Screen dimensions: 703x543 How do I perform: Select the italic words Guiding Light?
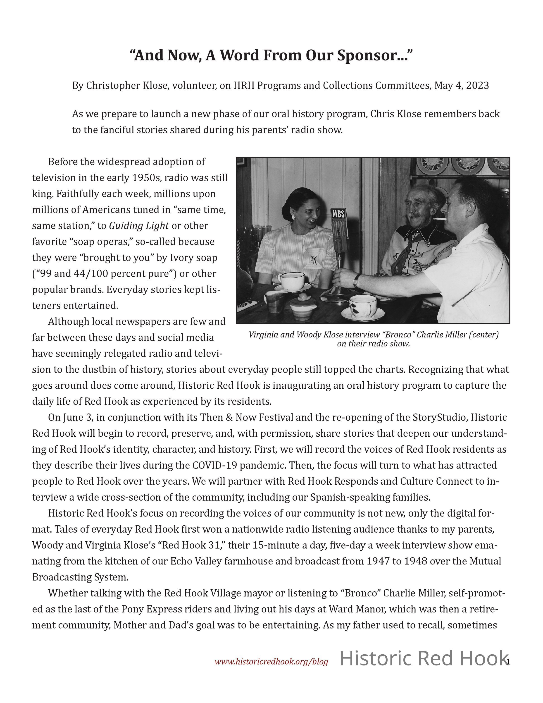(139, 226)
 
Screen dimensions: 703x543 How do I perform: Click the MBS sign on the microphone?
(339, 214)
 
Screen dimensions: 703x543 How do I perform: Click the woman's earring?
(293, 217)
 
